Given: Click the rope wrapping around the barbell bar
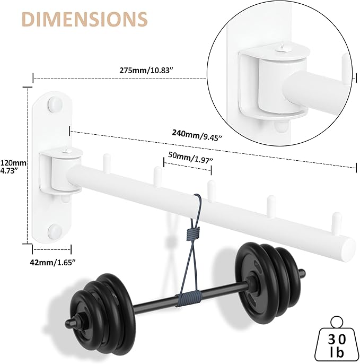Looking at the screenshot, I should [x=189, y=297].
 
